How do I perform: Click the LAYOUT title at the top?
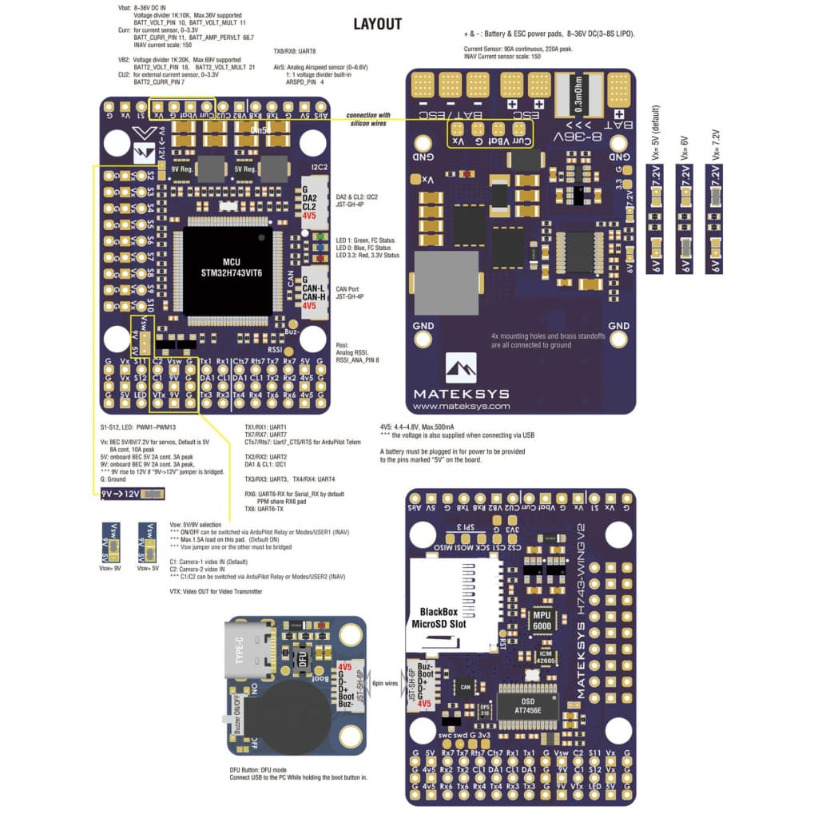377,24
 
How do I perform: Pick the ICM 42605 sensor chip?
546,657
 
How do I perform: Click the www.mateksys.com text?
461,406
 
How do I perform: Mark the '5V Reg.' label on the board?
244,169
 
